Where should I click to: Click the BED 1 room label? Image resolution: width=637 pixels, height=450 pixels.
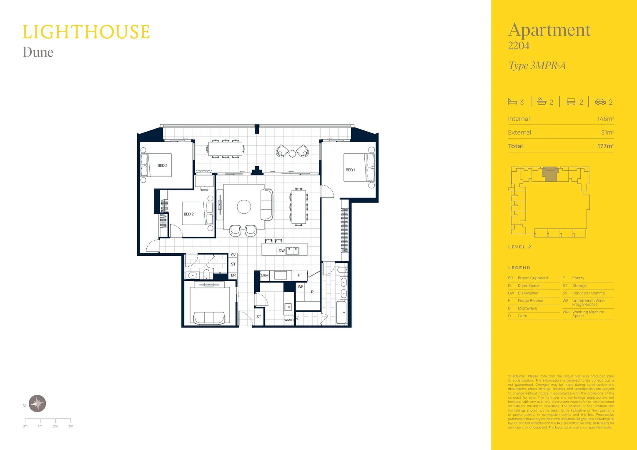pos(350,170)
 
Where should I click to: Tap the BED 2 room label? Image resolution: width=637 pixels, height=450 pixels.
pos(188,214)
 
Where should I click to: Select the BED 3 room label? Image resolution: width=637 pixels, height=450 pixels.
pos(162,165)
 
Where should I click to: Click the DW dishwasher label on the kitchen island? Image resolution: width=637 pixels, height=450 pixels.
pos(281,251)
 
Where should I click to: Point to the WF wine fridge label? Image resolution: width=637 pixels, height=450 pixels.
pos(300,287)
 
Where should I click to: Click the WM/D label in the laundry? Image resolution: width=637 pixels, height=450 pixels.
pos(289,320)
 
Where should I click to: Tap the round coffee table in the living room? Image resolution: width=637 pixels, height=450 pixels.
pos(244,207)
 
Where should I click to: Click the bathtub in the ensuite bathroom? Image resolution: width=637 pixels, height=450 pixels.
pos(341,312)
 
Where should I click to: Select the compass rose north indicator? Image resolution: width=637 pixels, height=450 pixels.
pos(38,403)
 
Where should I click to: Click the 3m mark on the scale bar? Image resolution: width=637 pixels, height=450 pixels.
pos(70,426)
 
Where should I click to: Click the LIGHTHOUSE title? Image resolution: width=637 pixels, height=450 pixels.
pos(86,32)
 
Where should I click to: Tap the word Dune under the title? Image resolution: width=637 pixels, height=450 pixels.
pos(38,52)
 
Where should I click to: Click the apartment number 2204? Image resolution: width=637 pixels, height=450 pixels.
pos(519,46)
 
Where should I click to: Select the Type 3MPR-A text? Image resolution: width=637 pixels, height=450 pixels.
pos(537,66)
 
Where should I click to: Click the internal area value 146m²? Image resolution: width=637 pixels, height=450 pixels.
pos(605,119)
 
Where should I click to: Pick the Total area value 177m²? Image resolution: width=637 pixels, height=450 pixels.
pos(605,146)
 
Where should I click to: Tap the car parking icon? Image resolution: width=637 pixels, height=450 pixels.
pos(600,102)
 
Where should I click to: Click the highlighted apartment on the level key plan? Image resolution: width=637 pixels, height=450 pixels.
pos(550,174)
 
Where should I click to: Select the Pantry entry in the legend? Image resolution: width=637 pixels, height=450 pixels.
pos(578,278)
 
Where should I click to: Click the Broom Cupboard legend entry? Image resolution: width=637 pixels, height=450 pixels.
pos(532,278)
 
